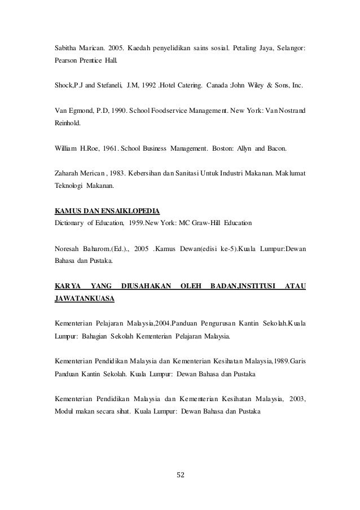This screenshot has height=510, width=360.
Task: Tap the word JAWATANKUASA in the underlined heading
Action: pyautogui.click(x=84, y=299)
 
